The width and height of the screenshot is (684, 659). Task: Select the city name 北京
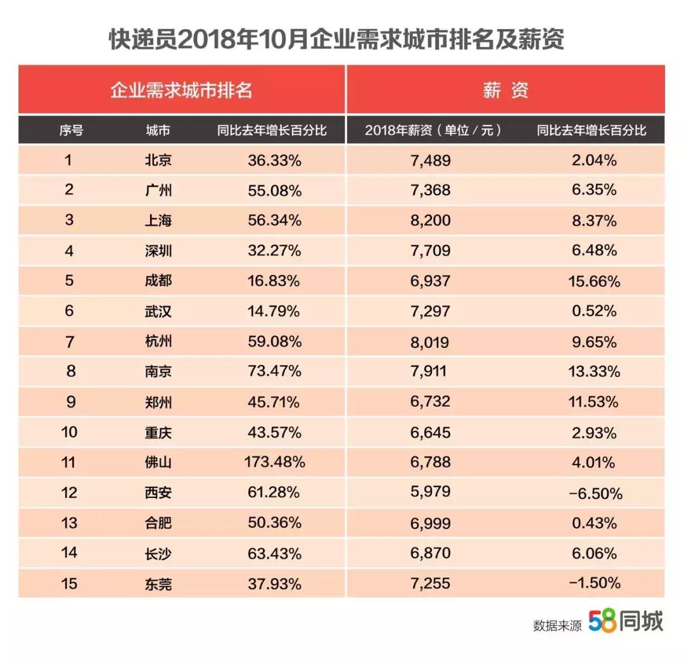pos(158,160)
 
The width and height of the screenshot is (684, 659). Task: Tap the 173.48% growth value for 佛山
pos(274,463)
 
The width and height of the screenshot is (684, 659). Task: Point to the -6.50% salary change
pos(595,493)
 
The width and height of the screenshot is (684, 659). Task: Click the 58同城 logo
pos(626,622)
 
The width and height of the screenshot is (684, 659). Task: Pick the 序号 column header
pos(71,131)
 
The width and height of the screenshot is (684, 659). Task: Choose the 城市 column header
pos(158,131)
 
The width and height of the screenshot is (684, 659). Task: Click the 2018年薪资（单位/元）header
pos(434,131)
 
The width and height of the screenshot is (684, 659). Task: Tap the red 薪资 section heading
pos(505,90)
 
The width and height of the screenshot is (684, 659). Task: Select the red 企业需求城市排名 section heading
pos(182,90)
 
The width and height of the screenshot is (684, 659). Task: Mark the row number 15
pos(70,583)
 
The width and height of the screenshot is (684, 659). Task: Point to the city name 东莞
pos(158,584)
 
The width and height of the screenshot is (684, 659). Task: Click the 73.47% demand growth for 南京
pos(274,371)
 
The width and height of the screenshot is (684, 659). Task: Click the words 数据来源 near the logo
pos(557,625)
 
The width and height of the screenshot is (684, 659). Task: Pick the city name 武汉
pos(158,312)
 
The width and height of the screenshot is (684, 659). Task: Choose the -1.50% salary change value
pos(595,583)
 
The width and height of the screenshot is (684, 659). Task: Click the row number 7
pos(70,342)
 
